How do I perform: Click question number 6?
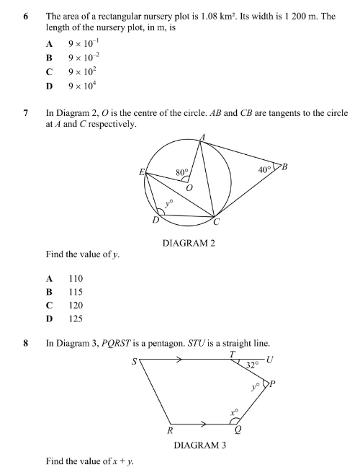point(26,15)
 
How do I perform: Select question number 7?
point(26,113)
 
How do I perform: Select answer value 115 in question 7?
point(76,292)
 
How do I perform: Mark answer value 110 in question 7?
point(76,278)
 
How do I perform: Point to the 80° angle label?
point(183,173)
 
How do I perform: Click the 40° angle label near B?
point(266,169)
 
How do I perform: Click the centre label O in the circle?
point(191,187)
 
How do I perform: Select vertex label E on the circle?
point(142,172)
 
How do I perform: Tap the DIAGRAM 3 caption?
point(199,445)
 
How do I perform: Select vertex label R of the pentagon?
point(169,431)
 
